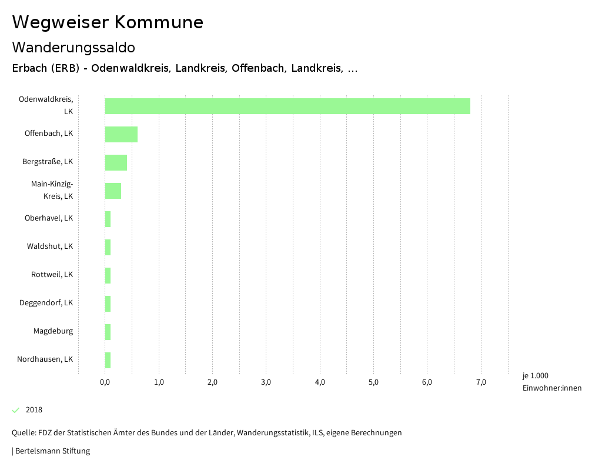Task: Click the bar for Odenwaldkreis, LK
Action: click(287, 106)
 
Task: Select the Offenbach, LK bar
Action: click(121, 134)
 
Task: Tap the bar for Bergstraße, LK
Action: click(116, 162)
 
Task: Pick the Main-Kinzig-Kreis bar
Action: click(113, 191)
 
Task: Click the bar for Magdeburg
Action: click(108, 332)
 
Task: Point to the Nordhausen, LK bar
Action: click(108, 360)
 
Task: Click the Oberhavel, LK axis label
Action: click(49, 218)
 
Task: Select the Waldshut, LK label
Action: click(50, 246)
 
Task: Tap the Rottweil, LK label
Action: click(52, 275)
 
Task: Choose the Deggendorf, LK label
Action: click(46, 303)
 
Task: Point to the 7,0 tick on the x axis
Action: click(481, 382)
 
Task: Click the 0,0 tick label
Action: click(105, 382)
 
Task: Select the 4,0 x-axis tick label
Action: click(320, 382)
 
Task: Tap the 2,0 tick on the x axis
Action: click(212, 382)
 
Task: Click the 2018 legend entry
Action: click(34, 410)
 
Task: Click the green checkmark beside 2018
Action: click(16, 410)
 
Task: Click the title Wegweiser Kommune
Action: click(108, 22)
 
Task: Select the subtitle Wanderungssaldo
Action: click(73, 47)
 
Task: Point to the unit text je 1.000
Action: click(535, 376)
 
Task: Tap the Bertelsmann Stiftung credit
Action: click(52, 451)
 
